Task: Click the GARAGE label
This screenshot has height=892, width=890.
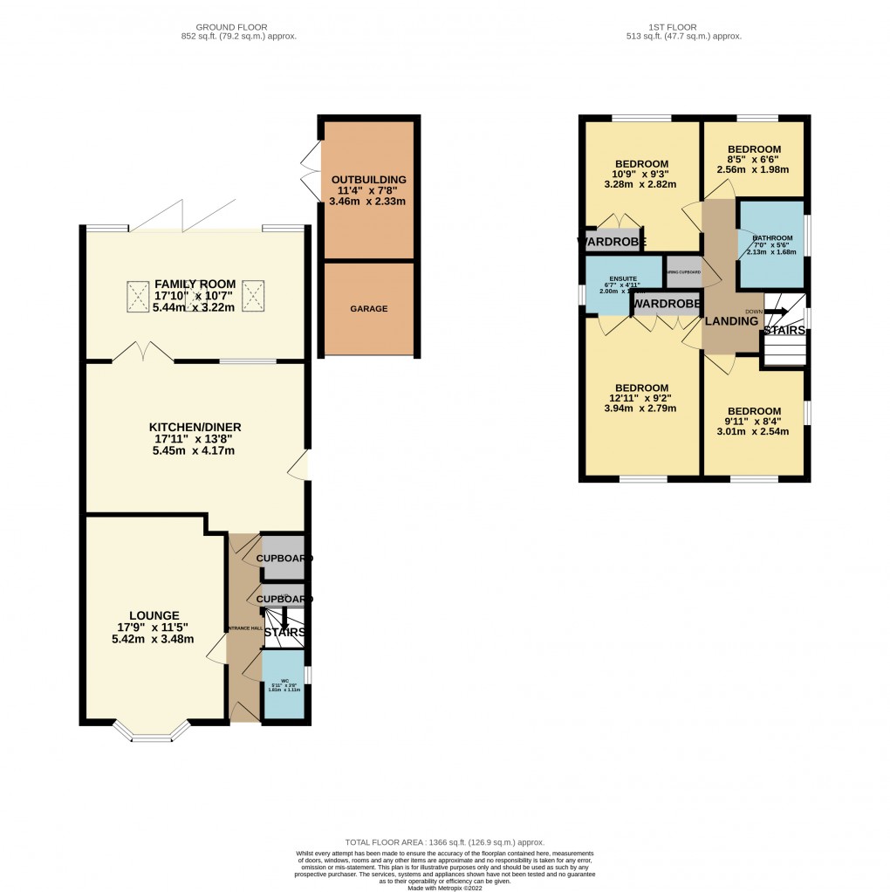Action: tap(368, 309)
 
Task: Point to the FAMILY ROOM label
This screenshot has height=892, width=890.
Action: tap(195, 285)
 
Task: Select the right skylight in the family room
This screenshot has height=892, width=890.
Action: tap(253, 295)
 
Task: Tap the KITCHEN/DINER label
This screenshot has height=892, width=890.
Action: tap(195, 427)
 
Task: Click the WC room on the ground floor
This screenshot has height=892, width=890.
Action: tap(284, 684)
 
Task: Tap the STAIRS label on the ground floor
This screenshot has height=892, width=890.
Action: tap(284, 632)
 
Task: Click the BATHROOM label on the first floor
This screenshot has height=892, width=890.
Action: tap(772, 238)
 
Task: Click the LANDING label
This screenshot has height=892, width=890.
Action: tap(732, 321)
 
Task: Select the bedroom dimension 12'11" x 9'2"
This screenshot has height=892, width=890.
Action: tap(641, 398)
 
